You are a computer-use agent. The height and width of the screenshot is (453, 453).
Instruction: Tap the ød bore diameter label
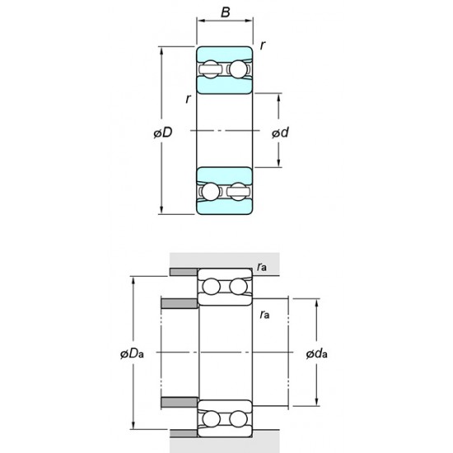pyautogui.click(x=282, y=133)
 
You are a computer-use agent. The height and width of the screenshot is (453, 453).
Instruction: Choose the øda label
pyautogui.click(x=317, y=354)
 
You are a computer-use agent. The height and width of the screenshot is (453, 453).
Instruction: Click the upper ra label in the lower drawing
pyautogui.click(x=261, y=265)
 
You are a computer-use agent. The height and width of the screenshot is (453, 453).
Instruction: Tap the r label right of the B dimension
pyautogui.click(x=262, y=46)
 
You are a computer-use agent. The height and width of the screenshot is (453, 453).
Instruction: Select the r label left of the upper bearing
pyautogui.click(x=189, y=100)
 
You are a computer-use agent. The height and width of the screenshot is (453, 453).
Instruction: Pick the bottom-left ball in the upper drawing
pyautogui.click(x=210, y=192)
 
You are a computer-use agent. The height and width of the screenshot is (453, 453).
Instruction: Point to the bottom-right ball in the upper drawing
pyautogui.click(x=240, y=192)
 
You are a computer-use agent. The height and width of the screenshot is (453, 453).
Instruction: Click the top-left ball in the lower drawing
pyautogui.click(x=210, y=287)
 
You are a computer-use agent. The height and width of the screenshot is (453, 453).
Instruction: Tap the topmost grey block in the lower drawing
pyautogui.click(x=183, y=272)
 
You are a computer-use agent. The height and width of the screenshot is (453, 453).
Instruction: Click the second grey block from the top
pyautogui.click(x=180, y=303)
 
